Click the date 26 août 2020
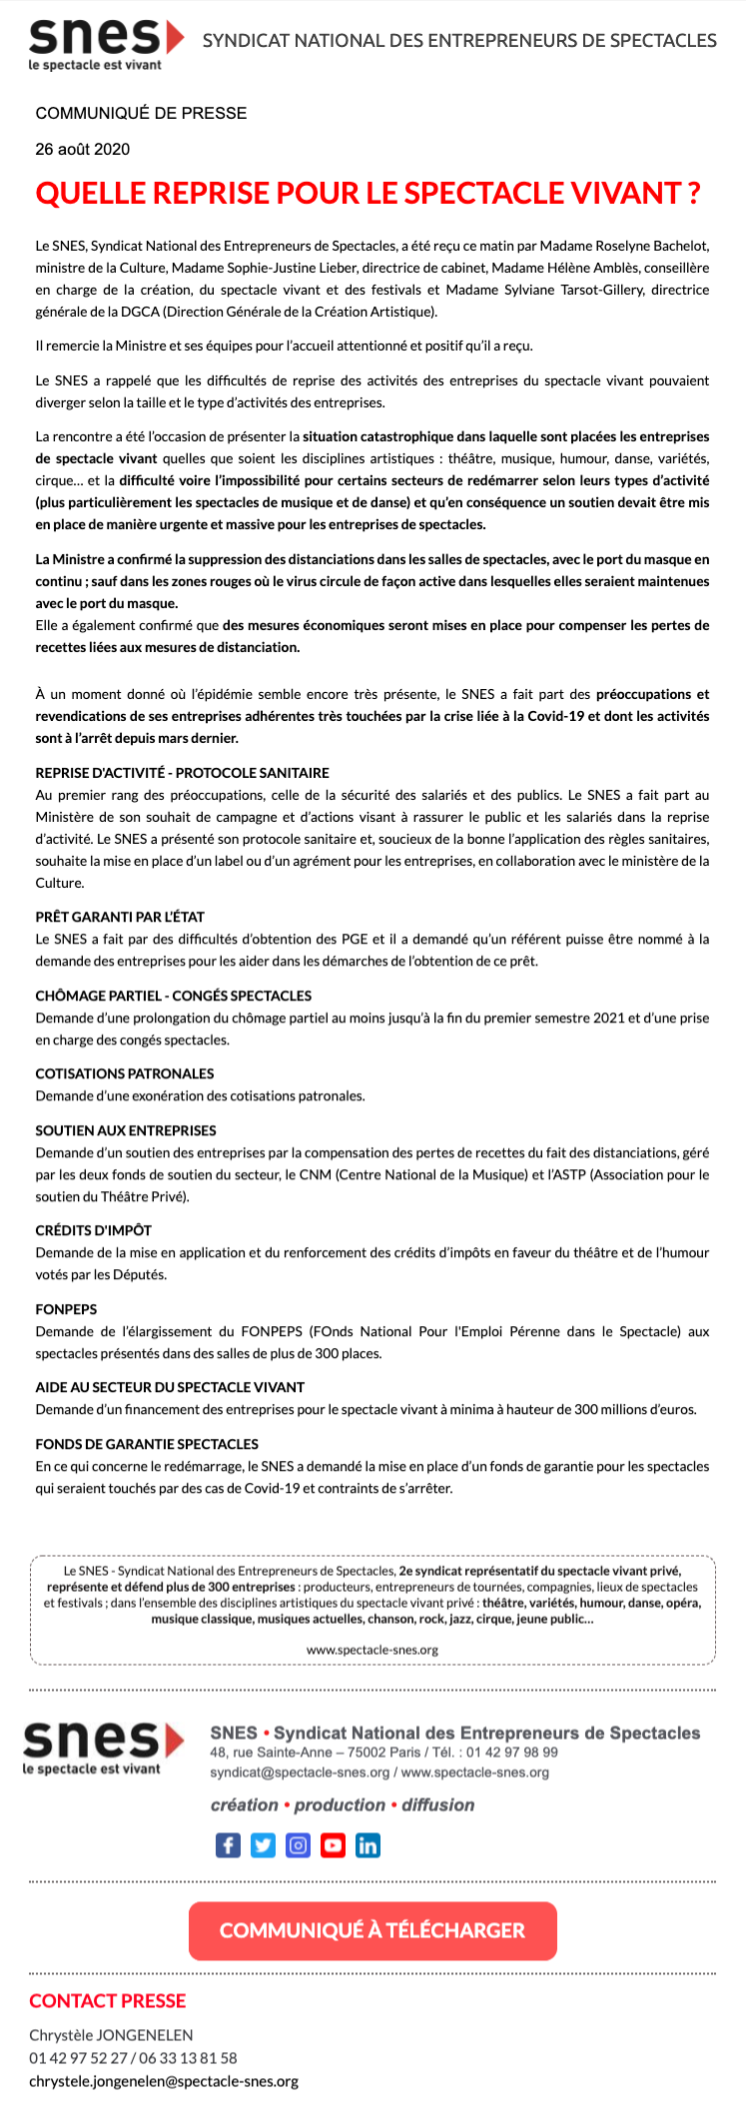pyautogui.click(x=83, y=150)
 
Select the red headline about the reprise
pyautogui.click(x=368, y=193)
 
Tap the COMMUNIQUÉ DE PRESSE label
pyautogui.click(x=141, y=114)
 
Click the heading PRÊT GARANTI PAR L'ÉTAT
pyautogui.click(x=120, y=917)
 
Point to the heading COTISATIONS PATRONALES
pyautogui.click(x=125, y=1073)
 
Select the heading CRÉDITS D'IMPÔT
pyautogui.click(x=94, y=1230)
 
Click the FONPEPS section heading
pyautogui.click(x=66, y=1309)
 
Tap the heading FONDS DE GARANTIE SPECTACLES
pyautogui.click(x=147, y=1444)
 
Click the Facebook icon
pyautogui.click(x=228, y=1844)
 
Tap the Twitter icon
pyautogui.click(x=263, y=1844)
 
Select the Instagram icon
pyautogui.click(x=298, y=1844)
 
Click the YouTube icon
pyautogui.click(x=333, y=1844)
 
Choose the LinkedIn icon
pyautogui.click(x=368, y=1844)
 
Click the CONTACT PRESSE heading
pyautogui.click(x=108, y=2000)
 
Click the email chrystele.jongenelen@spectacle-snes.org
pyautogui.click(x=164, y=2082)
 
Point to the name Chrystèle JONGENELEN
pyautogui.click(x=111, y=2035)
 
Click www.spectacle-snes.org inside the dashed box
pyautogui.click(x=373, y=1650)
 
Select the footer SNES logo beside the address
pyautogui.click(x=103, y=1746)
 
